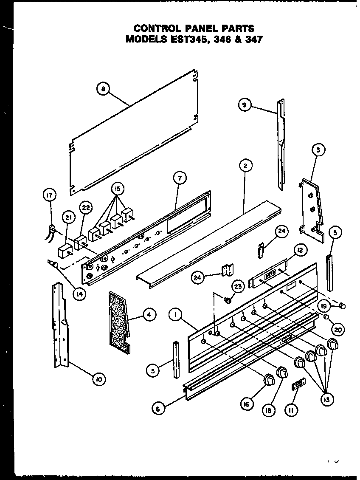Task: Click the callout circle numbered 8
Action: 103,89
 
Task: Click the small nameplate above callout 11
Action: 298,385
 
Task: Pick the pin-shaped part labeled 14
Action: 53,265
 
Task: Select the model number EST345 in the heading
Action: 185,40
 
